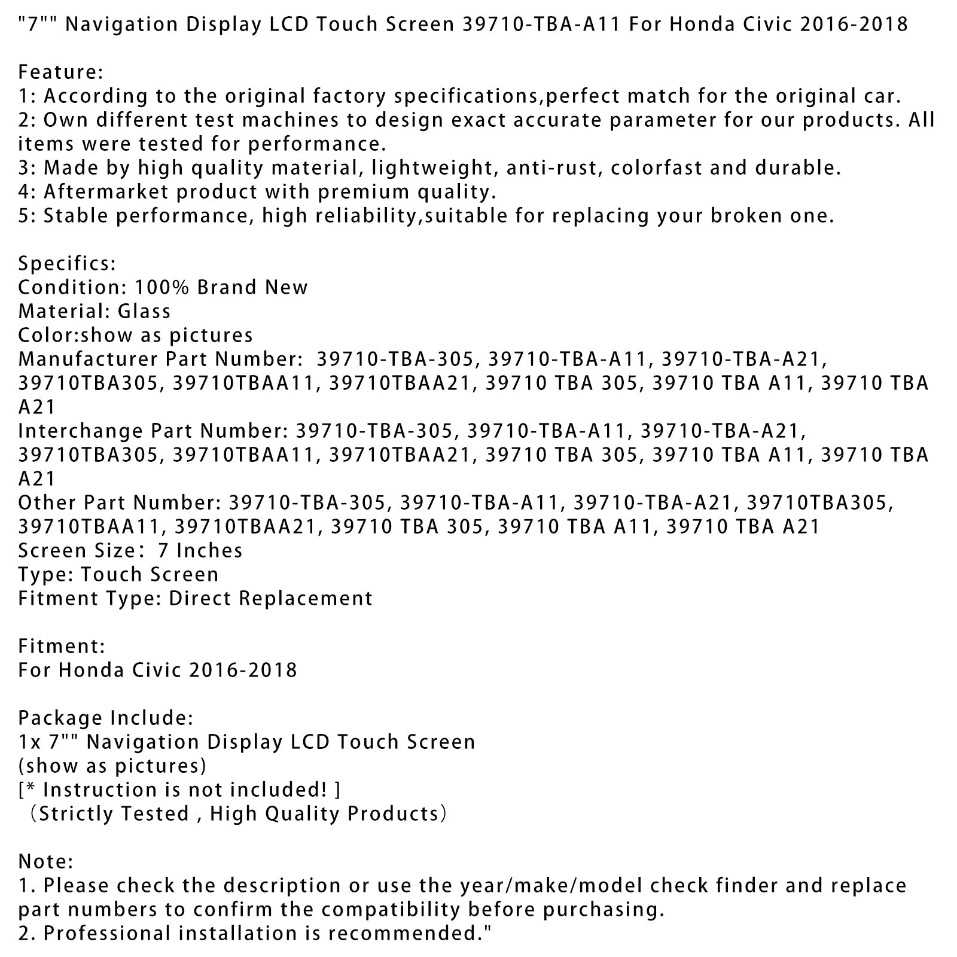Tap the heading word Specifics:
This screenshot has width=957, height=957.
coord(67,264)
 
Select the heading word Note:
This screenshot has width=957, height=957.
coord(46,862)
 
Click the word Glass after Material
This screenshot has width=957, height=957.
coord(144,312)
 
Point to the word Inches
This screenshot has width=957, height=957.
coord(209,551)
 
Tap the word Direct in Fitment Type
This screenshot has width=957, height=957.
coord(195,599)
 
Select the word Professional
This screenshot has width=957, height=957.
coord(114,934)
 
